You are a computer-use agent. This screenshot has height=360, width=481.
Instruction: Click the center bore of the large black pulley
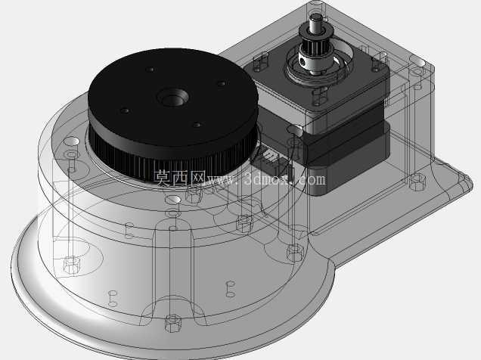coord(173,98)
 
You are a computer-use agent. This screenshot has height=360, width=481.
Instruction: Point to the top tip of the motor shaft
coord(315,15)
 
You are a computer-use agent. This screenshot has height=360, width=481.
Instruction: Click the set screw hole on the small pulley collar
coord(303,61)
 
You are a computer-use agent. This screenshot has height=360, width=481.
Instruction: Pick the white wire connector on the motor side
coord(269,158)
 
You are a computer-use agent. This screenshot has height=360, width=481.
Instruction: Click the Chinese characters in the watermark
coord(179,178)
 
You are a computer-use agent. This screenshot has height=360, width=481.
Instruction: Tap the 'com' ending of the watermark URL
coord(312,179)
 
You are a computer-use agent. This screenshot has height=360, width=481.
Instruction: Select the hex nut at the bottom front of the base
coord(172,323)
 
